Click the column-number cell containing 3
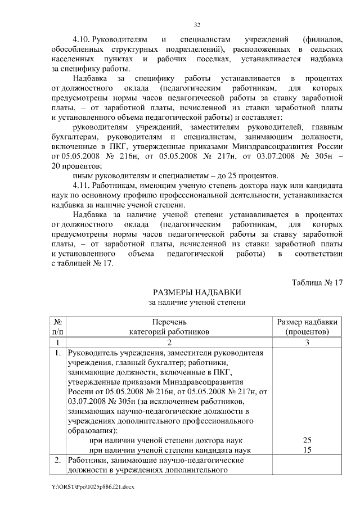tap(308, 343)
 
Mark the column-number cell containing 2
tap(169, 343)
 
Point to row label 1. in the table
tap(57, 353)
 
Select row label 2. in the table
tap(57, 461)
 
